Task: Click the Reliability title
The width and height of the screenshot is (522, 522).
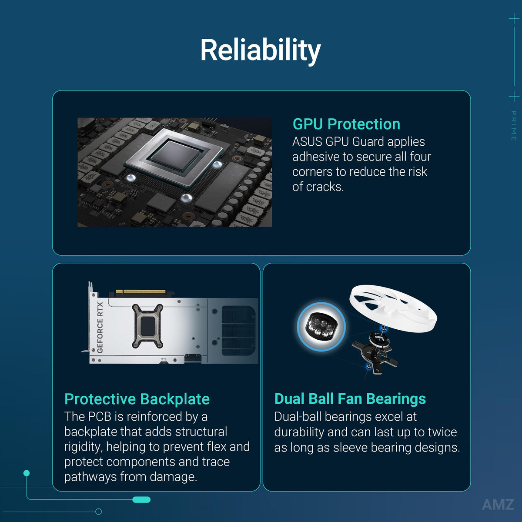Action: (261, 50)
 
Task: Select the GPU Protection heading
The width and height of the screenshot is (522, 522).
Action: (346, 124)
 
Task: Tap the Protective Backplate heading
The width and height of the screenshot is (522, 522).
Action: (137, 399)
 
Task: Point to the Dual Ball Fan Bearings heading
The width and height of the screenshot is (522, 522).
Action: (350, 399)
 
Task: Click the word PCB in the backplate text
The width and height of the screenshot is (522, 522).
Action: (100, 417)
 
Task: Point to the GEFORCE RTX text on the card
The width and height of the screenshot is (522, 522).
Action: (100, 327)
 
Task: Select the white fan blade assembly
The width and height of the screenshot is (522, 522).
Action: (393, 308)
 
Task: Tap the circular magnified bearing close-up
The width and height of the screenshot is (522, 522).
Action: (321, 326)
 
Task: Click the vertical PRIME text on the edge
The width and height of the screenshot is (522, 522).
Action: (514, 126)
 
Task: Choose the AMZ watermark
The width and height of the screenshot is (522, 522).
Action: (498, 505)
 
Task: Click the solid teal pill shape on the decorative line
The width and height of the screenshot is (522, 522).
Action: (141, 500)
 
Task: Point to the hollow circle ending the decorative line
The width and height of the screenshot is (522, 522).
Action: (99, 512)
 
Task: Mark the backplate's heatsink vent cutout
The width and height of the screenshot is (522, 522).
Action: (238, 331)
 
